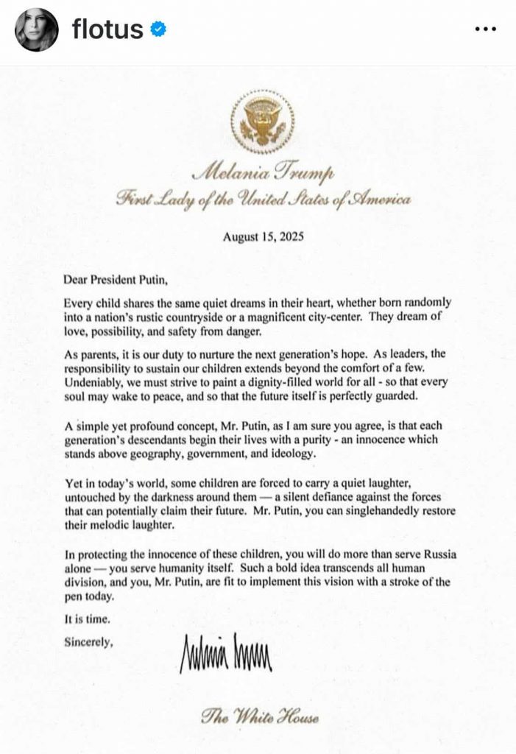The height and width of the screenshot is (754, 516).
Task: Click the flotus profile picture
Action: (37, 29)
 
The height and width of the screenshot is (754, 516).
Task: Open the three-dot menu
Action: (487, 29)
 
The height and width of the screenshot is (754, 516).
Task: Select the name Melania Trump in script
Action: (264, 174)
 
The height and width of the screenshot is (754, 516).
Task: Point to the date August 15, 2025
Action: (263, 237)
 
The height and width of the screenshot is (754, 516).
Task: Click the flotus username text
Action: (107, 29)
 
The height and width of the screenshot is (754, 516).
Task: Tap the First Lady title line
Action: (264, 200)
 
